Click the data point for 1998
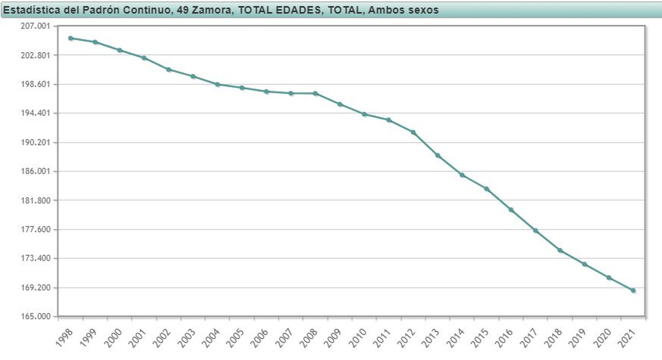(71, 38)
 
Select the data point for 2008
(315, 93)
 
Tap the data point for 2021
(633, 291)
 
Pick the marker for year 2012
(413, 132)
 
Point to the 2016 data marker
(511, 210)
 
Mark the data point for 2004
(217, 84)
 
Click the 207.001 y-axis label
(35, 26)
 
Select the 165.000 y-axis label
(35, 316)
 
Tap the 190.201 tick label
(35, 142)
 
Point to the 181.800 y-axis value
(35, 200)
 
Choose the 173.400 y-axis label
(35, 258)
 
